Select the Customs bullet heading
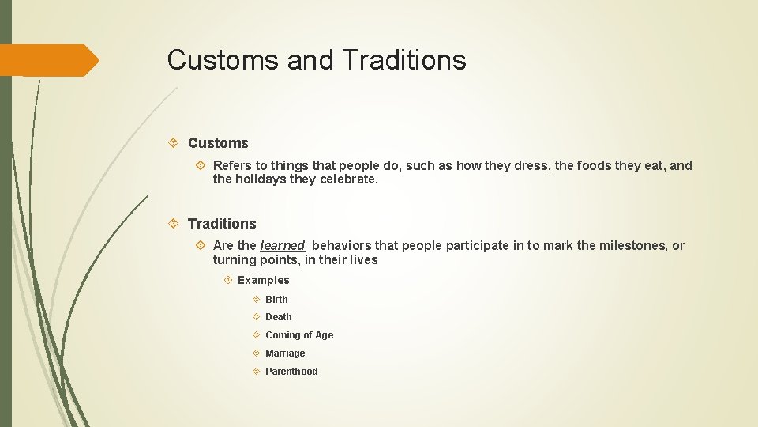click(x=218, y=143)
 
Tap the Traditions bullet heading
click(x=222, y=224)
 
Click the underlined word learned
click(x=282, y=245)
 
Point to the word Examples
click(x=264, y=280)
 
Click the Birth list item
click(x=276, y=299)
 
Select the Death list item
click(x=278, y=316)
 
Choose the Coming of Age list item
click(x=299, y=335)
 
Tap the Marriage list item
click(x=285, y=353)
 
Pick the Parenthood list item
click(x=291, y=372)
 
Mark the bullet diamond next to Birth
click(x=257, y=299)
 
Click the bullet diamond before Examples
click(x=227, y=280)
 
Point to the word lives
click(x=362, y=259)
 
